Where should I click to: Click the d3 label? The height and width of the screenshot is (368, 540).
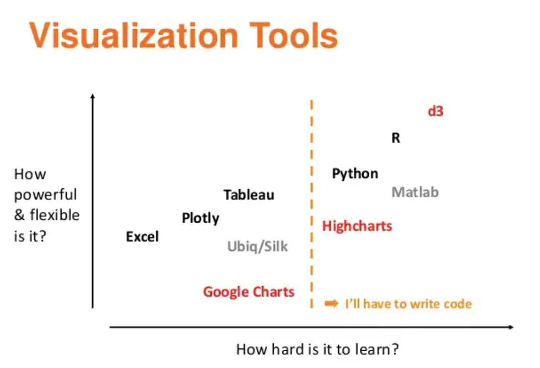[435, 112]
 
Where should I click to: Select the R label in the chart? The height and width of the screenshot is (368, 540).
[396, 139]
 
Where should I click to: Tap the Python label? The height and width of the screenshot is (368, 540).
[355, 173]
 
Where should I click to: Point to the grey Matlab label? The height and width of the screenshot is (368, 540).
[415, 193]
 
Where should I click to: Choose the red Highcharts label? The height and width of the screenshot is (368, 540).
[357, 226]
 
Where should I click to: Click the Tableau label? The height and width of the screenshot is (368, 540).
[249, 195]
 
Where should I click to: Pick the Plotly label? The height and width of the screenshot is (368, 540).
[200, 219]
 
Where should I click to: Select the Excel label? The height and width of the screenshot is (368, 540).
[142, 237]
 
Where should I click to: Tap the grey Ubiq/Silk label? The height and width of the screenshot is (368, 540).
[258, 247]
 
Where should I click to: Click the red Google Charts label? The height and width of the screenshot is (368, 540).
[248, 292]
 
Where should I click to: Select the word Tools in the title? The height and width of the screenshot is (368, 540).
[292, 36]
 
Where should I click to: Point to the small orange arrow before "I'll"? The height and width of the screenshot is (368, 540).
[331, 303]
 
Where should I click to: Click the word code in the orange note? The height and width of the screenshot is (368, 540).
[456, 304]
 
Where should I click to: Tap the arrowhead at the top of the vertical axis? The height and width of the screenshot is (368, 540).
[93, 97]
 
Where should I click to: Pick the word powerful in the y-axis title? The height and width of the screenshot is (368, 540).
[45, 195]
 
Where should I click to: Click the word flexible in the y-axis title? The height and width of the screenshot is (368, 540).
[54, 215]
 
